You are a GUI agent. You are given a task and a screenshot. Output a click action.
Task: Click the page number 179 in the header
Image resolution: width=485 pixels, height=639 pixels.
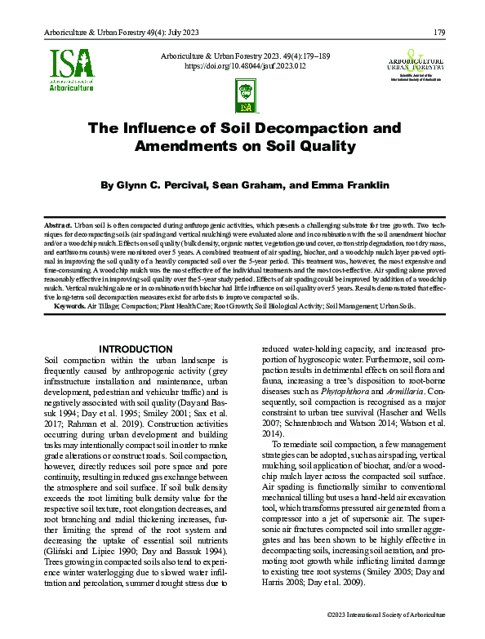click(438, 33)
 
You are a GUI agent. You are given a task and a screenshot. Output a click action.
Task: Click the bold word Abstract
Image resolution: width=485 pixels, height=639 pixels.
click(57, 223)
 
